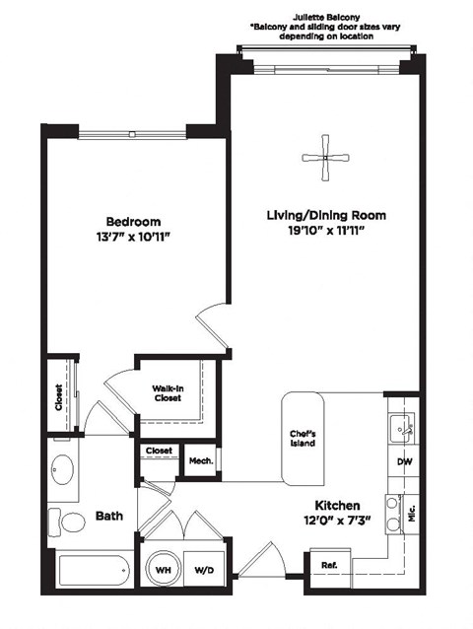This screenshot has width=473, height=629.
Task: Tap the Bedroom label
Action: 133,222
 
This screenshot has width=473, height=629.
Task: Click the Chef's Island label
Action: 303,438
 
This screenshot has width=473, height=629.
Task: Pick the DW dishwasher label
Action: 404,461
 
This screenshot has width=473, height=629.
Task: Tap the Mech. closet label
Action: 201,460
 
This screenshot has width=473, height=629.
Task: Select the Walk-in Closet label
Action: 167,392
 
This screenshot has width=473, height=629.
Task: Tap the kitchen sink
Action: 402,426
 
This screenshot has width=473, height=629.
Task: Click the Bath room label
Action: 108,516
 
